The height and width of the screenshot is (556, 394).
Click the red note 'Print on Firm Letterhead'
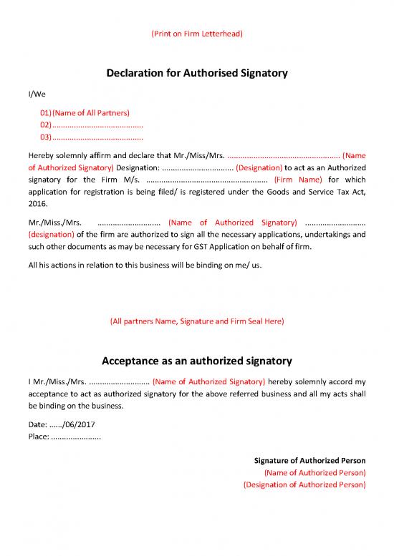(196, 34)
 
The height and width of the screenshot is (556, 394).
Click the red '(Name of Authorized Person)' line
(315, 472)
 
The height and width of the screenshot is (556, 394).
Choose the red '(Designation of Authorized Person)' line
(305, 484)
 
